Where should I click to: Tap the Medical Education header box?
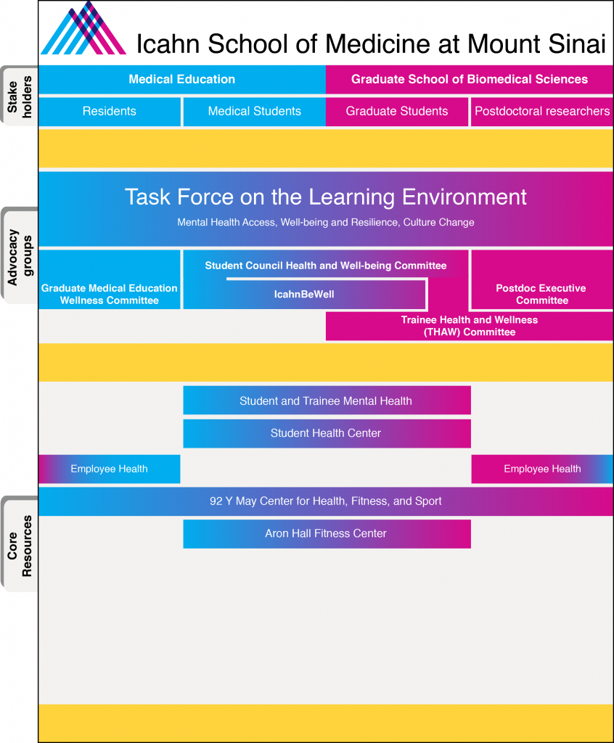(x=181, y=79)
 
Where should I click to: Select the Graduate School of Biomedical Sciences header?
(x=470, y=79)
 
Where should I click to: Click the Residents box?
(x=109, y=111)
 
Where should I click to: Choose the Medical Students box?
(x=254, y=111)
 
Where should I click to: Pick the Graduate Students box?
(x=397, y=111)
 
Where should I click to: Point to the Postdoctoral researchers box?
(x=542, y=111)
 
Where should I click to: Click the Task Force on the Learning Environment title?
(x=326, y=197)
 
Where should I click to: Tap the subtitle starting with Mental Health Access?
(x=326, y=222)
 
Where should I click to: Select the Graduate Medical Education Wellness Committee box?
(x=109, y=294)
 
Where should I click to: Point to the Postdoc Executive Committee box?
(x=542, y=294)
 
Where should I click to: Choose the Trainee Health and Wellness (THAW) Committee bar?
(x=470, y=326)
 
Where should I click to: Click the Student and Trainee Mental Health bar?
(x=326, y=401)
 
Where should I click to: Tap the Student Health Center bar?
(x=326, y=433)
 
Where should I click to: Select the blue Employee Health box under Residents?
(x=109, y=469)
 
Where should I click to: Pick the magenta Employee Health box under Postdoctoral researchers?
(x=542, y=469)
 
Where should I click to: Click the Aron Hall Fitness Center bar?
(x=326, y=533)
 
